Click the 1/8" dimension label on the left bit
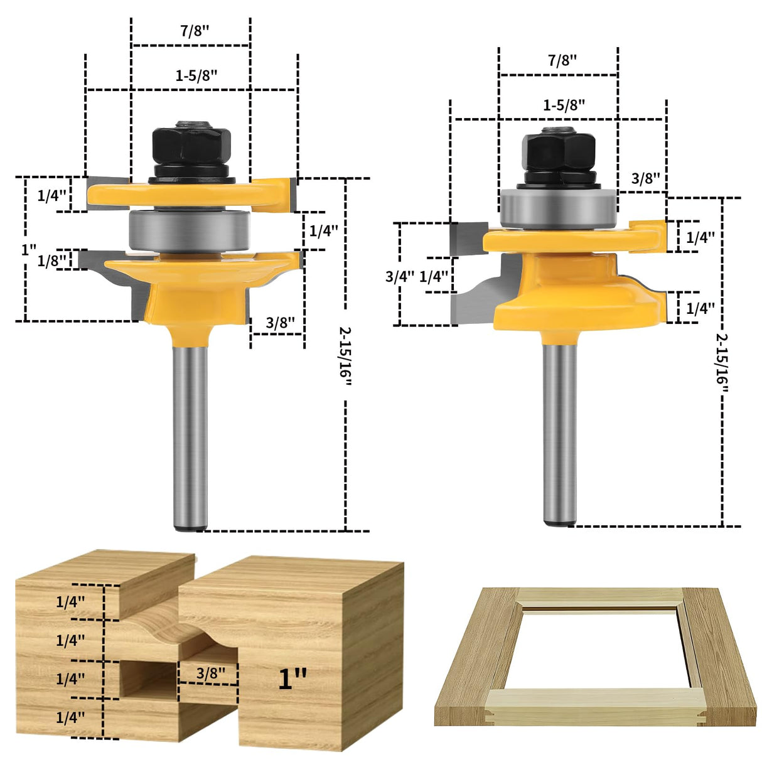(51, 260)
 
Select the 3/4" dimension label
(400, 276)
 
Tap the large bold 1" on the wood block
(292, 679)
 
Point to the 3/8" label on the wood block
(210, 673)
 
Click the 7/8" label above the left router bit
(195, 31)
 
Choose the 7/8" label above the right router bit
(562, 60)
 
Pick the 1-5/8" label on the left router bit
(196, 75)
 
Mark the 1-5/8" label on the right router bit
(564, 105)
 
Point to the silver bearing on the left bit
(190, 230)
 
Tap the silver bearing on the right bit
(558, 207)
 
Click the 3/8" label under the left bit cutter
(280, 323)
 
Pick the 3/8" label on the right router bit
(645, 178)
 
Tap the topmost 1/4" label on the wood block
(70, 602)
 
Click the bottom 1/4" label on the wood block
(70, 717)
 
